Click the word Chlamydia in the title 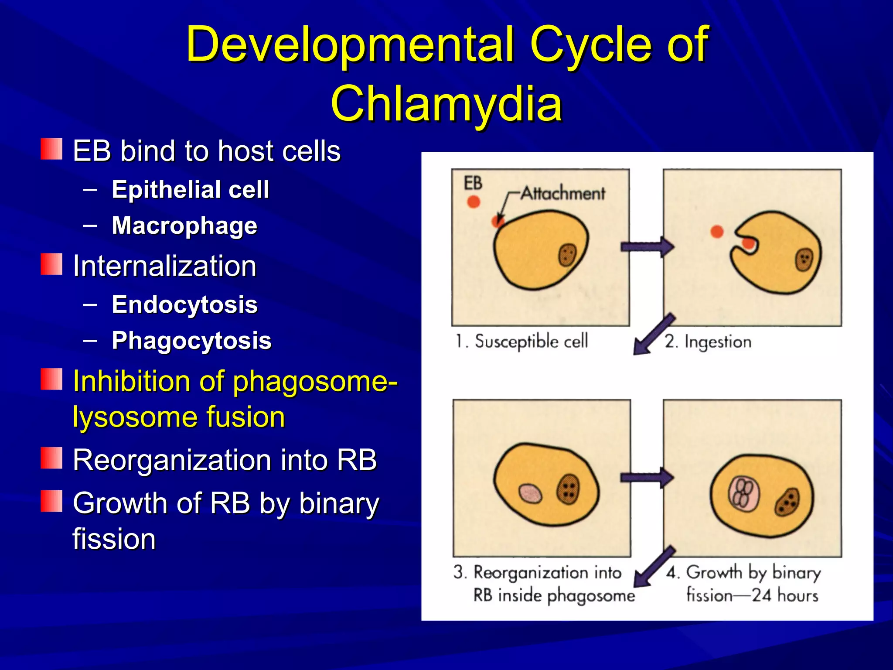click(x=446, y=104)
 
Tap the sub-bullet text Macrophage click(x=184, y=226)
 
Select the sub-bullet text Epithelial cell click(x=190, y=189)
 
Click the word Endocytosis click(x=184, y=304)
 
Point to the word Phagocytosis click(x=191, y=341)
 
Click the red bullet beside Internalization click(x=51, y=264)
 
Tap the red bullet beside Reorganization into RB click(x=51, y=458)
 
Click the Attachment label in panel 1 click(x=562, y=193)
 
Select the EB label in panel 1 click(x=473, y=183)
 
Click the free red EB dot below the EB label click(x=474, y=202)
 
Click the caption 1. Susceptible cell click(x=522, y=342)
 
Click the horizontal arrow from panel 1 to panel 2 click(x=647, y=247)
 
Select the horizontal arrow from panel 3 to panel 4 click(x=647, y=478)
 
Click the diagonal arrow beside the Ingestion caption click(x=652, y=335)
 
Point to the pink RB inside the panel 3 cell click(x=530, y=493)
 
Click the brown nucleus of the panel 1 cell click(x=568, y=255)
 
